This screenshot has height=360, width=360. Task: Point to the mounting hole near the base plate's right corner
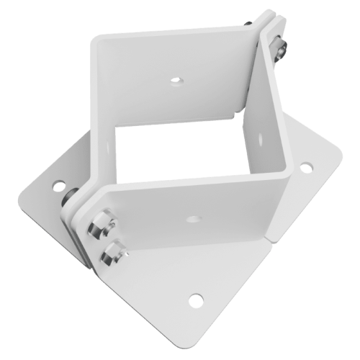(306, 169)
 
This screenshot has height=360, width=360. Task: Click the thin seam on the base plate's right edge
(269, 238)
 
